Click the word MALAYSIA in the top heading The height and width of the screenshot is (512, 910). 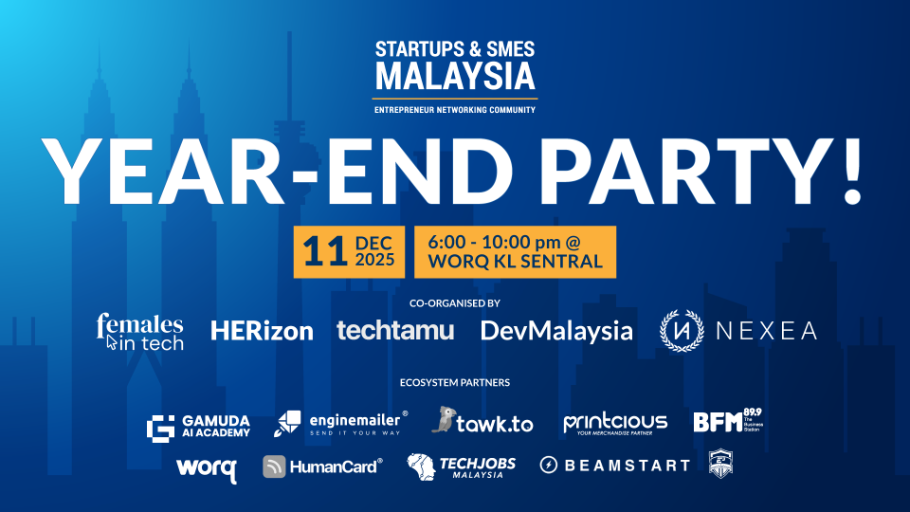point(455,76)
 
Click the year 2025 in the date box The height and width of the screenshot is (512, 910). point(375,261)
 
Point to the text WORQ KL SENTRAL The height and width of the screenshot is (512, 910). point(516,262)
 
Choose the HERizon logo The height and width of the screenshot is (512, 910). point(262,331)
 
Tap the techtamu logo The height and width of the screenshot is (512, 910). point(395,330)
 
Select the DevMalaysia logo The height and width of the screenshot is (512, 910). point(556,331)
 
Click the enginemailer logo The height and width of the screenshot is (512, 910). point(341,423)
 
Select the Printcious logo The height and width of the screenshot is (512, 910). point(615,423)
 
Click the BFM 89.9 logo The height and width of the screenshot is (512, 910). point(727,421)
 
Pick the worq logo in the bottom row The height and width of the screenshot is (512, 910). point(206,467)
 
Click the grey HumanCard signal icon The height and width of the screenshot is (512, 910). point(275,466)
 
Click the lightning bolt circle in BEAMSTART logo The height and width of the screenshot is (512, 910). point(550,466)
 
